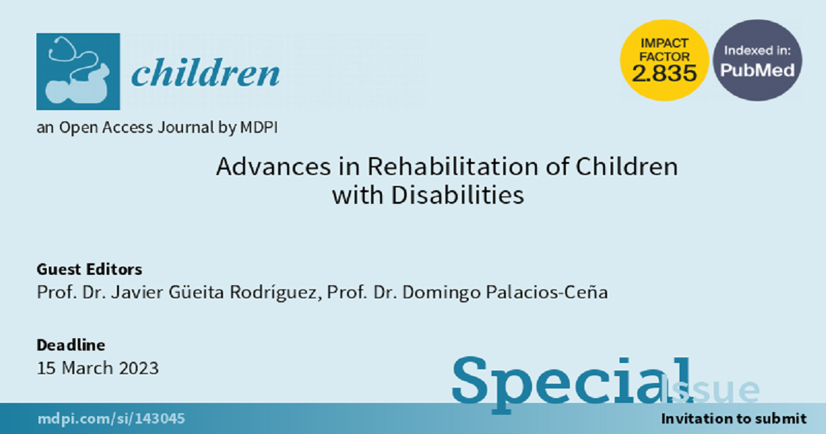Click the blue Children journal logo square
tap(78, 72)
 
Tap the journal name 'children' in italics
tap(205, 72)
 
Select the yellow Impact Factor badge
tap(664, 60)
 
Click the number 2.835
tap(664, 73)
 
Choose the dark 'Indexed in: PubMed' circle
tap(757, 60)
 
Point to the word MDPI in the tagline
tap(259, 127)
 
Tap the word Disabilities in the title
tap(458, 195)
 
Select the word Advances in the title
tap(274, 167)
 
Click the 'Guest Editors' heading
tap(89, 269)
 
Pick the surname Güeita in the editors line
tap(196, 292)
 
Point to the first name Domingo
tap(442, 293)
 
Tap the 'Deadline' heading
tap(71, 345)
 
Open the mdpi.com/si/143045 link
tap(111, 419)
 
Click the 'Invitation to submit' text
tap(734, 419)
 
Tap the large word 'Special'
tap(572, 384)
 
